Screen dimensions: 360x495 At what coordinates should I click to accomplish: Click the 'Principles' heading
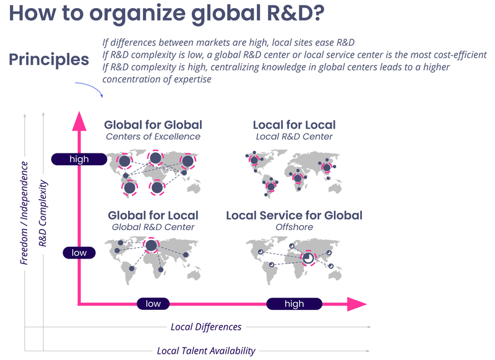click(49, 60)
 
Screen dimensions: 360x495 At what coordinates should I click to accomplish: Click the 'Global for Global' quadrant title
click(153, 125)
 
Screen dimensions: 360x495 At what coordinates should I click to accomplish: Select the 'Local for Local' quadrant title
click(295, 125)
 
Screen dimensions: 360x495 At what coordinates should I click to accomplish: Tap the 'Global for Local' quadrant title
click(153, 215)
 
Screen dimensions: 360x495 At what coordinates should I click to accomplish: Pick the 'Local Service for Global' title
click(294, 215)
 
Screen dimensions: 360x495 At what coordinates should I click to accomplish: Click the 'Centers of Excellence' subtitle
click(153, 137)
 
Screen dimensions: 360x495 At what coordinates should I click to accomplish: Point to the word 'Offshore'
click(294, 227)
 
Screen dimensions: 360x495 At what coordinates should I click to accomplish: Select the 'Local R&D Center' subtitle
click(295, 137)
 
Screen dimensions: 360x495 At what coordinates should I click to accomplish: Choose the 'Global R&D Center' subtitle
click(153, 227)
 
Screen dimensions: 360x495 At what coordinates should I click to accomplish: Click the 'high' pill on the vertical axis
click(79, 159)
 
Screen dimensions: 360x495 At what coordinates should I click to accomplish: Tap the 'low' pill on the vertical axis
click(79, 252)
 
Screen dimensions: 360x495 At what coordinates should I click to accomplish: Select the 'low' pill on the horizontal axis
click(153, 304)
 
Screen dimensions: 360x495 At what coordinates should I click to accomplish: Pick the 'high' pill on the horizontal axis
click(294, 304)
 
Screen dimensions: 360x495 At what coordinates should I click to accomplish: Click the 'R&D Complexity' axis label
click(43, 213)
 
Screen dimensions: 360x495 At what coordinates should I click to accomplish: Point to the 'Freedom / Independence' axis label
click(25, 213)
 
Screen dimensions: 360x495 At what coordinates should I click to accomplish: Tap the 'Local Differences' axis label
click(206, 327)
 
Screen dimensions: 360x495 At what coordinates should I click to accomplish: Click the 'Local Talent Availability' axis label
click(206, 351)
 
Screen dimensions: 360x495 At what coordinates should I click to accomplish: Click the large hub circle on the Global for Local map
click(151, 246)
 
